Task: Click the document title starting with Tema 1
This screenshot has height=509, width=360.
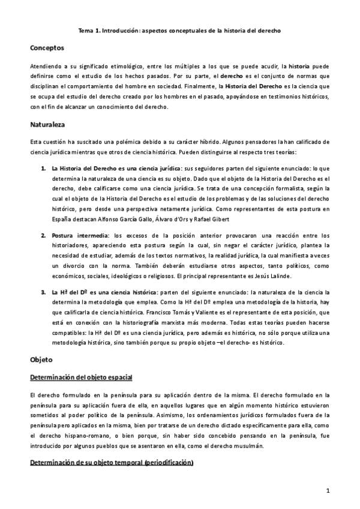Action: click(179, 29)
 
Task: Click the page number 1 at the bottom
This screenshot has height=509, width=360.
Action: click(328, 490)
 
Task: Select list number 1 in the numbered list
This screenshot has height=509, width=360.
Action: click(44, 169)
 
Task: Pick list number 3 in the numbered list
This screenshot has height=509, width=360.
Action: click(44, 292)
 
